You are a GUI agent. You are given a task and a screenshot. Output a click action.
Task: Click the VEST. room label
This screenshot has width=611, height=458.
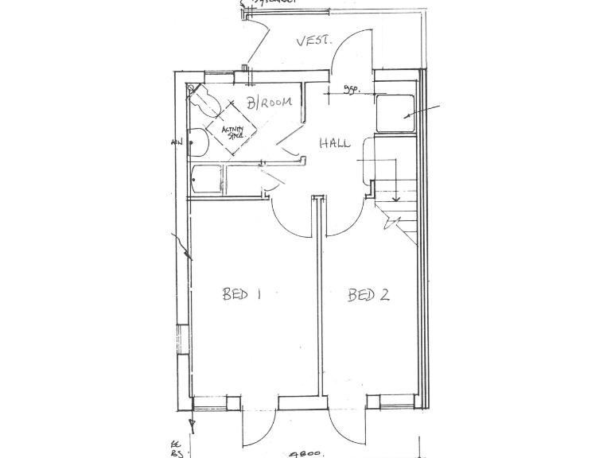[x=313, y=41]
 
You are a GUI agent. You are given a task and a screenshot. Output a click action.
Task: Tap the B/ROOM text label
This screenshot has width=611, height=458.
[x=268, y=103]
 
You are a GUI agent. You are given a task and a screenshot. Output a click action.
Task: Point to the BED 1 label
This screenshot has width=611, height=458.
[x=242, y=295]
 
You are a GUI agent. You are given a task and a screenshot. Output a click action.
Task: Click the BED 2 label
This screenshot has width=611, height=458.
[x=368, y=296]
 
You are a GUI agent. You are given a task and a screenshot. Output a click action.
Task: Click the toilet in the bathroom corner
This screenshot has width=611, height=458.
[x=204, y=100]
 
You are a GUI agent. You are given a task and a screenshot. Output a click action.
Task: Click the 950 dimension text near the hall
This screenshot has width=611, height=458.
[x=350, y=90]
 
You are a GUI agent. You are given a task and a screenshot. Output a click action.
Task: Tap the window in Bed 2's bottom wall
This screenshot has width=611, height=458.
[x=398, y=406]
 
